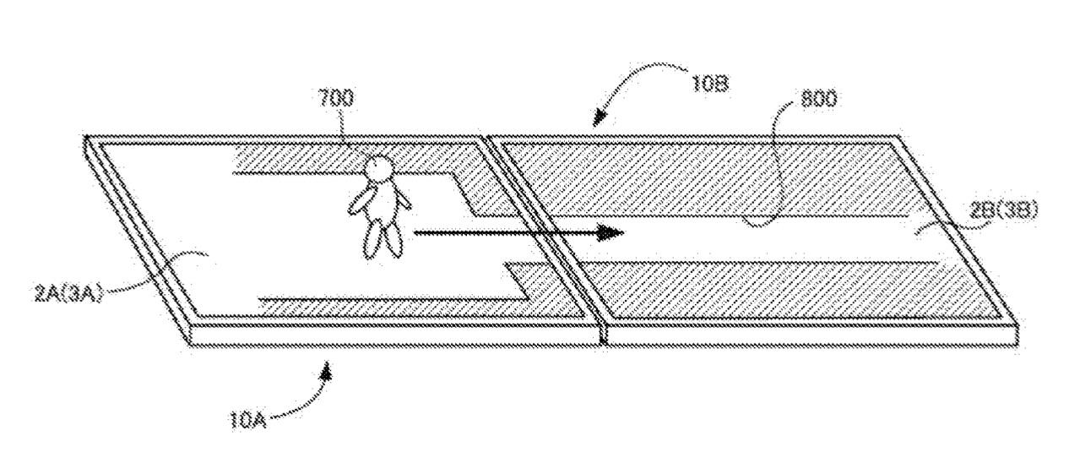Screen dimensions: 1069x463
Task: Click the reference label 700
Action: click(x=336, y=98)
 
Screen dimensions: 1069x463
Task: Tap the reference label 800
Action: click(x=818, y=100)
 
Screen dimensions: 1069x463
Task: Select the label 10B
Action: click(x=711, y=83)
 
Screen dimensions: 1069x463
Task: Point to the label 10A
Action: click(x=247, y=421)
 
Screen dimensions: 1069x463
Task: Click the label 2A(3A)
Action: click(x=68, y=292)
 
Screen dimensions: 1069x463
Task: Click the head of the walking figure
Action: click(x=379, y=168)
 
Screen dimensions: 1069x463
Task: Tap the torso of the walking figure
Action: click(x=383, y=200)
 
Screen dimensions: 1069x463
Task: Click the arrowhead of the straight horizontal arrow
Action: click(x=610, y=232)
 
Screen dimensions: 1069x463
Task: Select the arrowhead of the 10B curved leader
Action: click(x=598, y=118)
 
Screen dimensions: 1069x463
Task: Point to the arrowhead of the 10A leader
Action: click(x=327, y=372)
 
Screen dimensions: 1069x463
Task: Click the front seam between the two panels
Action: click(x=603, y=333)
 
